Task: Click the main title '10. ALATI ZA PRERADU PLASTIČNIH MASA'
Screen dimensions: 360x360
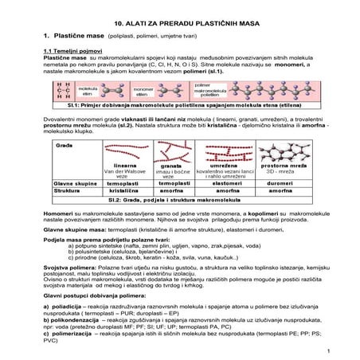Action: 180,15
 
